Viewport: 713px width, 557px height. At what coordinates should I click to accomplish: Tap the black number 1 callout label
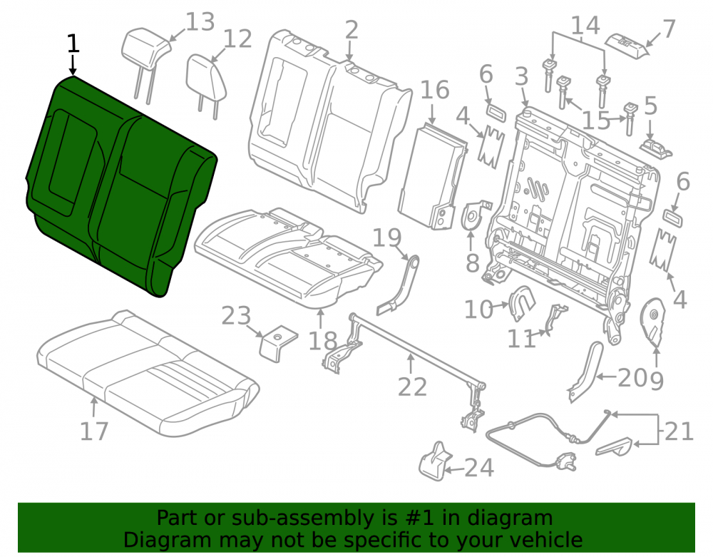(x=73, y=44)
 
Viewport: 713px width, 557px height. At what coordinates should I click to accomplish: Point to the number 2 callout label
(x=351, y=30)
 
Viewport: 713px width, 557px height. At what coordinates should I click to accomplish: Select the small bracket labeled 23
(x=277, y=343)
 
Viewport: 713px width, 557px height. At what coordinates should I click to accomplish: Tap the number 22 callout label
(x=412, y=387)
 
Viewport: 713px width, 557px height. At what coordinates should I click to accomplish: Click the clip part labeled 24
(x=436, y=461)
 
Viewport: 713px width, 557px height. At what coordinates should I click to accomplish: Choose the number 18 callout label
(x=322, y=341)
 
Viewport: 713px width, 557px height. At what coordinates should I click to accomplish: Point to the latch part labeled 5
(x=656, y=148)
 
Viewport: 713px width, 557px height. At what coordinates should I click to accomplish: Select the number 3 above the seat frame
(x=522, y=76)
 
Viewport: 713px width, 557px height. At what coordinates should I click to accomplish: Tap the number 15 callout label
(x=596, y=121)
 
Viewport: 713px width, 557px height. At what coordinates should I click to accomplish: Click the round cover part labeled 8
(x=473, y=218)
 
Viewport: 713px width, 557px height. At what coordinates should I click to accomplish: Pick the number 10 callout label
(x=478, y=310)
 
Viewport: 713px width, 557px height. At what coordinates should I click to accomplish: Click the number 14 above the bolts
(x=585, y=26)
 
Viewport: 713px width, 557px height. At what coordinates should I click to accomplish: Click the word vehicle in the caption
(x=546, y=540)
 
